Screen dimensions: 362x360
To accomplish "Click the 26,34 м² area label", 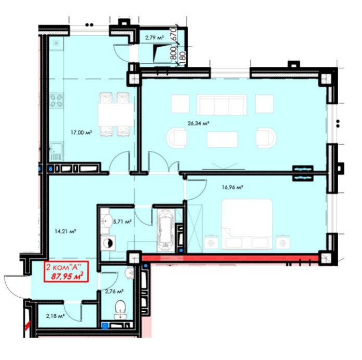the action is coord(198,123).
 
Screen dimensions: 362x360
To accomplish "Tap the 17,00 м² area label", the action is coord(81,133).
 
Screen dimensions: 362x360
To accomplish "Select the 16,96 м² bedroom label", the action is coord(232,187).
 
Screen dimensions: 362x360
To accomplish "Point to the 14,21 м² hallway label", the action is coord(65,231).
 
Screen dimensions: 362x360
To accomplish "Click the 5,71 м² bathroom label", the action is coord(122,221).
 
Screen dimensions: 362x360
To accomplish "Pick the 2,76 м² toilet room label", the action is coord(114,292).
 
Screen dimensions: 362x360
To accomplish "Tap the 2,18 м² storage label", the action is coord(55,316).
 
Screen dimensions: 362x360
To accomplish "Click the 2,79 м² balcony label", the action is coord(155,37).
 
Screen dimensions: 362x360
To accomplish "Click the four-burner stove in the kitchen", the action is coord(57,101).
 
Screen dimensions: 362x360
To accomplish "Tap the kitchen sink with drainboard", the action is coord(56,151).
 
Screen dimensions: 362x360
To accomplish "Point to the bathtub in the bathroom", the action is coord(165,230).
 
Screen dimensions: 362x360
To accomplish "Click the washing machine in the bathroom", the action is coord(108,243).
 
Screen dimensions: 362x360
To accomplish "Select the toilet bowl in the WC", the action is coord(120,309).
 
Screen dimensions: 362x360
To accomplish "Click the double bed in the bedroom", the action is coord(247,224).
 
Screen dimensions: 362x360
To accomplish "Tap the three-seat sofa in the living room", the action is coord(221,105).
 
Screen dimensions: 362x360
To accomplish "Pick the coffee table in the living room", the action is coord(222,139).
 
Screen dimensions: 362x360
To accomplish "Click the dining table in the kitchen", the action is coord(116,115).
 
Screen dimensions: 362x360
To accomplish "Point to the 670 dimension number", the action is coord(174,34).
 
